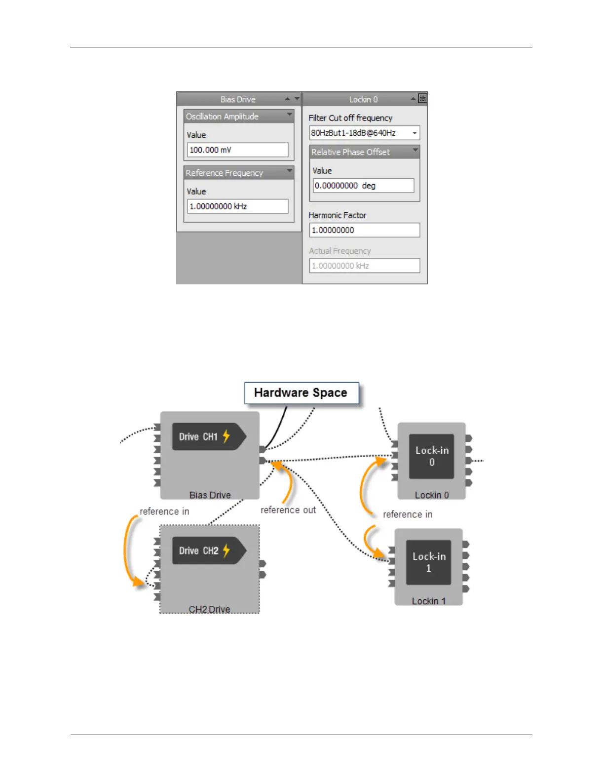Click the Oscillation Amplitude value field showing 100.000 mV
[x=237, y=150]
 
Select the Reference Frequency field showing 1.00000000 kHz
[x=237, y=206]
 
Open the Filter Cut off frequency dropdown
[x=414, y=133]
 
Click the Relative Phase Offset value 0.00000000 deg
[x=364, y=186]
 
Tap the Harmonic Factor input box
[x=364, y=230]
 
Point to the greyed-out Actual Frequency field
[x=364, y=266]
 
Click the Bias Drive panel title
[x=238, y=99]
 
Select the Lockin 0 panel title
[x=363, y=99]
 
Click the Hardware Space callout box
[x=301, y=393]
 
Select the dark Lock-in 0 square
[x=431, y=456]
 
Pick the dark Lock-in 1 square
[x=428, y=562]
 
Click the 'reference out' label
[x=288, y=510]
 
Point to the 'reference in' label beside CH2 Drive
[x=164, y=511]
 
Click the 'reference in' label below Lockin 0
[x=408, y=514]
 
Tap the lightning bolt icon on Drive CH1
[x=226, y=436]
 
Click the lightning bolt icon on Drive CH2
[x=226, y=550]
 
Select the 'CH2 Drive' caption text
[x=209, y=609]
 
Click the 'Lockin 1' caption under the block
[x=428, y=601]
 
